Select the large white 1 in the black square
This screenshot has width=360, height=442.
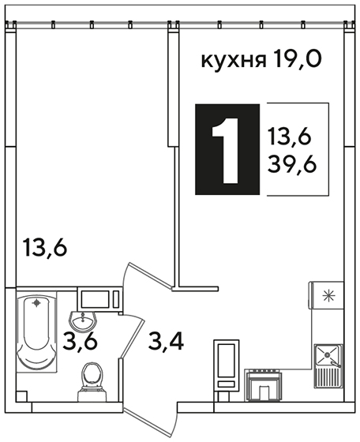[x=226, y=151]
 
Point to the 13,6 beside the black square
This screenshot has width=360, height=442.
[x=290, y=136]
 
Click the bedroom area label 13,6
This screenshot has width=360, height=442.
[x=45, y=247]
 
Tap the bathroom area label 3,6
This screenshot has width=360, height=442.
[x=80, y=341]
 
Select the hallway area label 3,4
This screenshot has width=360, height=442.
[x=167, y=341]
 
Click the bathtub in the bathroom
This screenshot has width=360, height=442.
[x=36, y=333]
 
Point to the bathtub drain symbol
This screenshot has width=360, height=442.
[x=36, y=303]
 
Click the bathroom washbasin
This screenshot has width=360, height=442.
[x=83, y=321]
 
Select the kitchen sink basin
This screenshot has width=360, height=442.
[x=327, y=355]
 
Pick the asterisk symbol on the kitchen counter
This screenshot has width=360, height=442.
[x=328, y=295]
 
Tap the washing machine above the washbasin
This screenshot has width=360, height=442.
[x=100, y=299]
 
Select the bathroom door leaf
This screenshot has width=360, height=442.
[x=131, y=339]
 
